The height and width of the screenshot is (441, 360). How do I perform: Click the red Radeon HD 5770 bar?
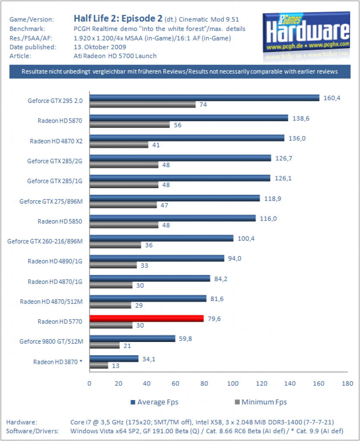(147, 318)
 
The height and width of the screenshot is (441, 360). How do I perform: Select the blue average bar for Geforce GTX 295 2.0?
(205, 98)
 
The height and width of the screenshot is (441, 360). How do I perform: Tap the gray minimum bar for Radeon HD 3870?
(99, 366)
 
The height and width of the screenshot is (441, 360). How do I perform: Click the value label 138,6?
(301, 118)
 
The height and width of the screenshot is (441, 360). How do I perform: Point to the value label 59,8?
(185, 339)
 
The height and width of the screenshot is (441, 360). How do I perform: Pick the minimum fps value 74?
(203, 105)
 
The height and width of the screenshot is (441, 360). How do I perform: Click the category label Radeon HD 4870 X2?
(56, 141)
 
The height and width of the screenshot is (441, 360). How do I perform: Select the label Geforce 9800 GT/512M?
(51, 342)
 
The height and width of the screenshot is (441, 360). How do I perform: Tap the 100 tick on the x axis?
(233, 383)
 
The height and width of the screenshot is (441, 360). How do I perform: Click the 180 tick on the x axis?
(347, 383)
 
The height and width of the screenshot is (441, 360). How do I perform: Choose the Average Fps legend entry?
(154, 402)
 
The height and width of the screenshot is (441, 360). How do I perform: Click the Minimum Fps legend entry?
(261, 402)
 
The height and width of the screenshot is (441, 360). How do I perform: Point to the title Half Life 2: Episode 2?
(118, 19)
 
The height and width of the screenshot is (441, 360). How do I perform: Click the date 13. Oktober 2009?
(100, 47)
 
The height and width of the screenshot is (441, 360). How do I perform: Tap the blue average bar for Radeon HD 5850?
(172, 218)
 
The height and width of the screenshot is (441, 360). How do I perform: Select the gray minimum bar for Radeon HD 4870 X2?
(119, 145)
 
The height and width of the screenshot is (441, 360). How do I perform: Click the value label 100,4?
(246, 239)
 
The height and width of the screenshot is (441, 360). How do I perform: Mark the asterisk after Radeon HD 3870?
(81, 360)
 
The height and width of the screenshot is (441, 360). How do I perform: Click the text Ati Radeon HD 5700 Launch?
(115, 56)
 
